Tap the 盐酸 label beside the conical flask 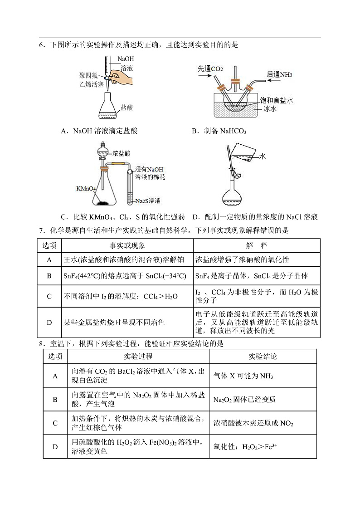pyautogui.click(x=126, y=108)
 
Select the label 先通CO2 pyautogui.click(x=210, y=69)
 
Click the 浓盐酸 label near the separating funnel pyautogui.click(x=121, y=153)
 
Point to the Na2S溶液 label pyautogui.click(x=147, y=201)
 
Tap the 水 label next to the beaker pyautogui.click(x=263, y=157)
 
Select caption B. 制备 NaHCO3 pyautogui.click(x=219, y=131)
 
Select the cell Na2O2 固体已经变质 pyautogui.click(x=244, y=400)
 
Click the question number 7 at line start pyautogui.click(x=41, y=230)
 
